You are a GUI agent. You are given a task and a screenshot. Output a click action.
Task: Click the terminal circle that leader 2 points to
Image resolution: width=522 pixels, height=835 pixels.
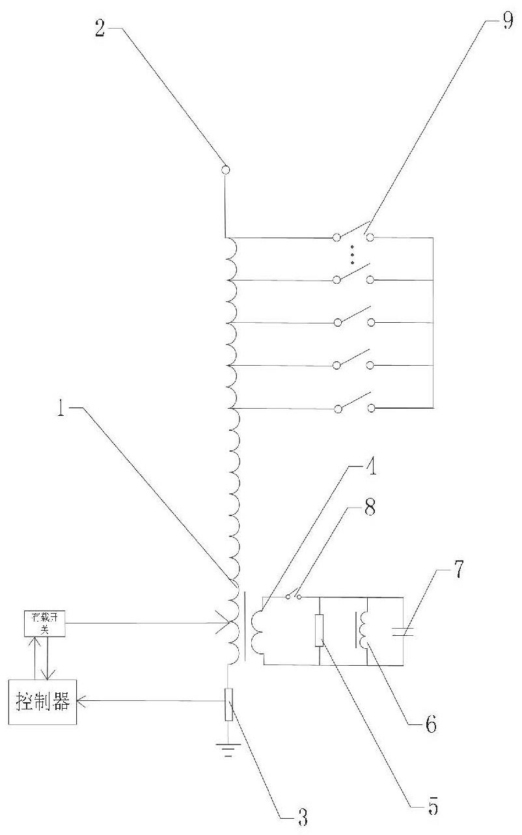225,171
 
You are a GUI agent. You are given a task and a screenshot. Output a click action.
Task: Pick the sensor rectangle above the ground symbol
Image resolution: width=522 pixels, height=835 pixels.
227,705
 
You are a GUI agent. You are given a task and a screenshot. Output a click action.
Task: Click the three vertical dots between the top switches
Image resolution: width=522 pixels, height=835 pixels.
353,254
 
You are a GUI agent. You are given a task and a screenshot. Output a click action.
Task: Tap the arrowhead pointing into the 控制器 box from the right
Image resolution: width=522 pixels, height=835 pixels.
81,702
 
